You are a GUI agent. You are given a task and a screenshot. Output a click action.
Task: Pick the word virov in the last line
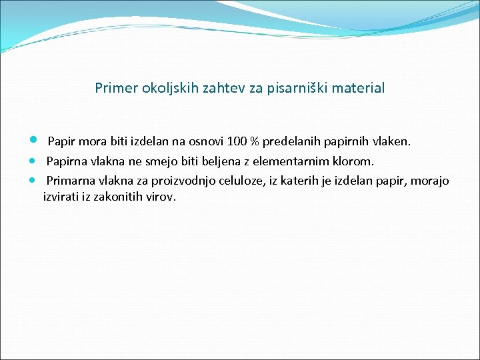(161, 197)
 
